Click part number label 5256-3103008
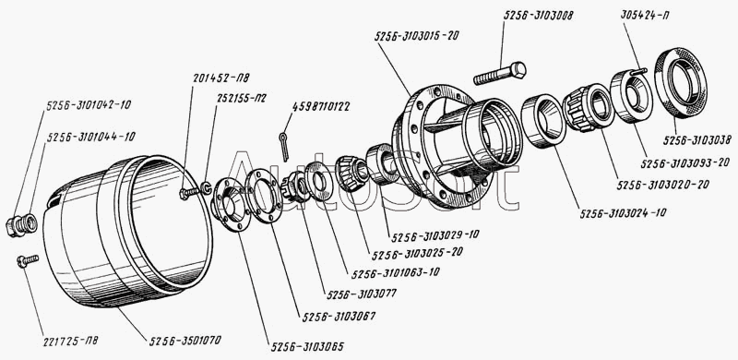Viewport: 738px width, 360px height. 539,15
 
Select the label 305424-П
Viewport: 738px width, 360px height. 645,15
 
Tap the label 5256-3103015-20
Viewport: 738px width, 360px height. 417,36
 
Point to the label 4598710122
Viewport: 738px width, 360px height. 321,106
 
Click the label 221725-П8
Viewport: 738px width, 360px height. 71,340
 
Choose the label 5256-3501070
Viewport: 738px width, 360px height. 185,341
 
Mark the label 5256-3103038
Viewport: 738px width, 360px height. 697,139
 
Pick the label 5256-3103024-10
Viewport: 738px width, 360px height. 623,213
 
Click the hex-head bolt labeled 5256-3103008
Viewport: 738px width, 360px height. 499,74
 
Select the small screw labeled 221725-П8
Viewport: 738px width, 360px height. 28,260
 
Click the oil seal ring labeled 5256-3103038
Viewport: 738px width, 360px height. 681,82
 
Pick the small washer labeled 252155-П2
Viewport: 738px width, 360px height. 206,187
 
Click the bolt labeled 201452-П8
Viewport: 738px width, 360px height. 189,192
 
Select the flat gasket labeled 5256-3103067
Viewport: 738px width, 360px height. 264,197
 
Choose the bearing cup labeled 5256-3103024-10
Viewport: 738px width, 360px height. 543,121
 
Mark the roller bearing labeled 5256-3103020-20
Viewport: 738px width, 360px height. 589,108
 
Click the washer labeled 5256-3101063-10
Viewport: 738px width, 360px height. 318,181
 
